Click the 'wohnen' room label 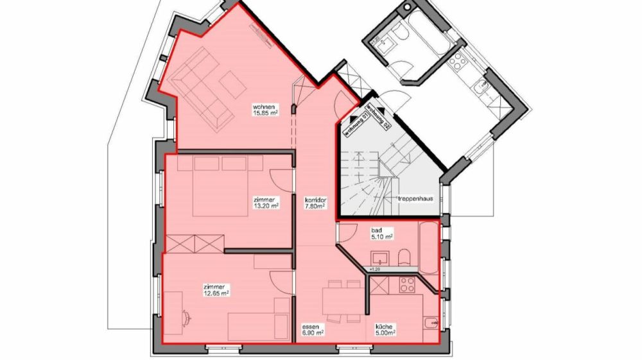click(264, 106)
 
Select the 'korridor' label click(317, 200)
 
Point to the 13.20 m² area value click(266, 207)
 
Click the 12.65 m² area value click(216, 293)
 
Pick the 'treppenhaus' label click(415, 199)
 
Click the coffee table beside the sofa click(231, 84)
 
